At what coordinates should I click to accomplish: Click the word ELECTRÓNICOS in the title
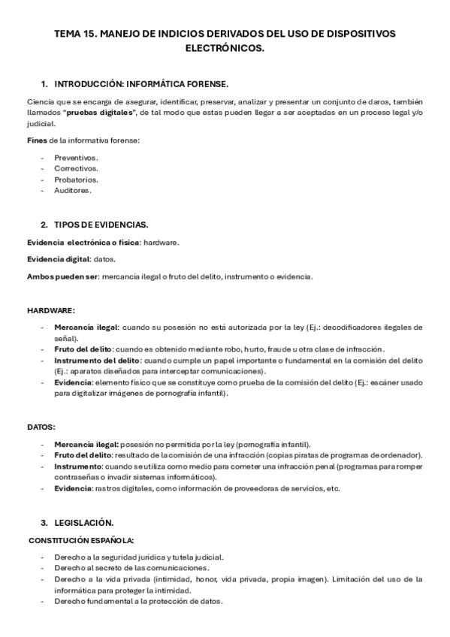pyautogui.click(x=225, y=48)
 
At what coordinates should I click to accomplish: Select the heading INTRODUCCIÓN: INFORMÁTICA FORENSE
pyautogui.click(x=142, y=83)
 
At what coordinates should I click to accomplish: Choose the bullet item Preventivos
pyautogui.click(x=76, y=158)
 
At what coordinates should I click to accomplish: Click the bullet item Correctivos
pyautogui.click(x=76, y=169)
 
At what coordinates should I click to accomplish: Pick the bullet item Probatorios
pyautogui.click(x=76, y=180)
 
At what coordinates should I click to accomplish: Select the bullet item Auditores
pyautogui.click(x=73, y=191)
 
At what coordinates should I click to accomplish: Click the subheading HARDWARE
pyautogui.click(x=51, y=310)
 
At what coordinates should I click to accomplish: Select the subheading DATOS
pyautogui.click(x=41, y=427)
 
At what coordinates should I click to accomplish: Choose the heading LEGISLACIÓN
pyautogui.click(x=84, y=522)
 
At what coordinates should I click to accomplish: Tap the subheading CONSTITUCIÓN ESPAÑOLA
pyautogui.click(x=82, y=540)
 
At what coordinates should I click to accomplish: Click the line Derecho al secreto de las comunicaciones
pyautogui.click(x=131, y=568)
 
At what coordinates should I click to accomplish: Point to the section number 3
pyautogui.click(x=44, y=522)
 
